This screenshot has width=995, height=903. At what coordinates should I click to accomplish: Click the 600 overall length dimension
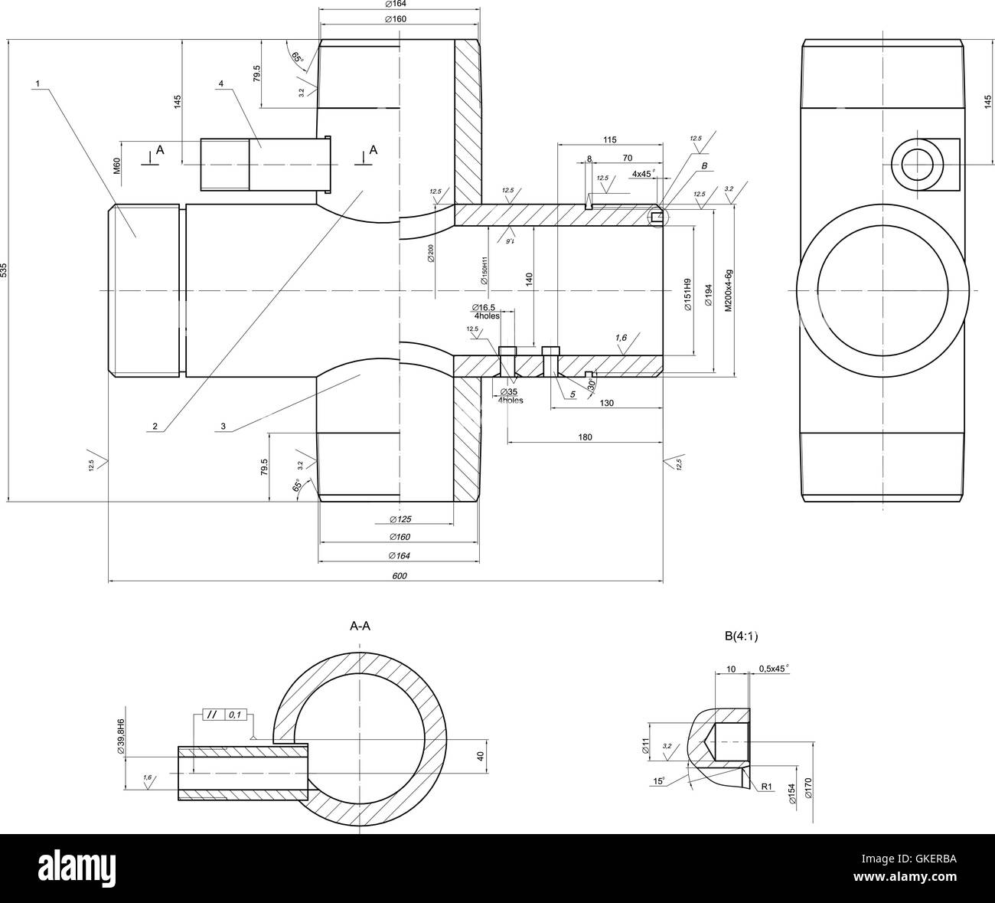tap(399, 576)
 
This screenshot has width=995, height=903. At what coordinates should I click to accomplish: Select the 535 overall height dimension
tap(5, 270)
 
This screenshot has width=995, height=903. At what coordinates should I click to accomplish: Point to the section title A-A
tap(360, 627)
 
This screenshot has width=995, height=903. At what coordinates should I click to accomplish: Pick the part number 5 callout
tap(572, 395)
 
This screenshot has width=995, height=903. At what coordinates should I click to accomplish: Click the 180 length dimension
tap(585, 437)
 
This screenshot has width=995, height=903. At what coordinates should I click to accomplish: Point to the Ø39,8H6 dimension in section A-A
tap(121, 737)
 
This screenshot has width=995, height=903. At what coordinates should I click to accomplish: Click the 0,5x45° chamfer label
tap(773, 669)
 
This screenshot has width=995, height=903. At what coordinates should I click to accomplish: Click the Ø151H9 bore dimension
tap(687, 293)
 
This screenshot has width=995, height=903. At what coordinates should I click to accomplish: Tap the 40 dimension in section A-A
tap(481, 756)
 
